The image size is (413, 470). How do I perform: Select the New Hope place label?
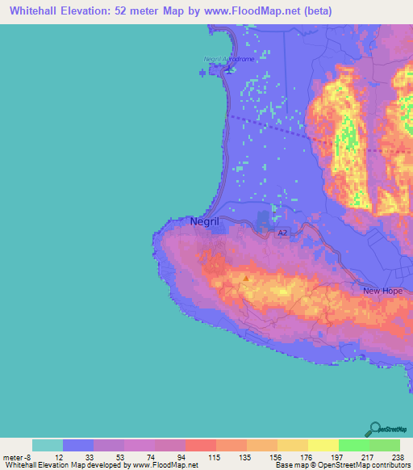[x=382, y=291]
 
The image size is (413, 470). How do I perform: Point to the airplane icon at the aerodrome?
[x=227, y=68]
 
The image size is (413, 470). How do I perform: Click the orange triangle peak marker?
[x=245, y=279]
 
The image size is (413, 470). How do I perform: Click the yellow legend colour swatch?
[x=323, y=445]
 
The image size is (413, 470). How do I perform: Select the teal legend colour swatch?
[x=48, y=445]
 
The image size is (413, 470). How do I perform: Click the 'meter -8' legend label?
[x=16, y=457]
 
